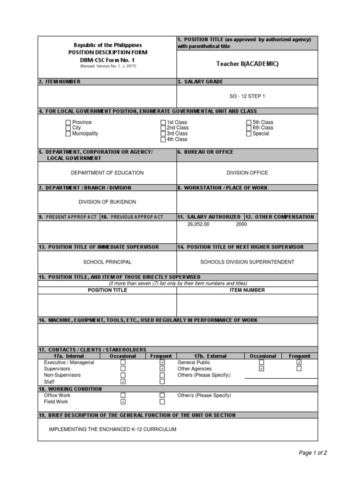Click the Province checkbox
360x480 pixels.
[x=68, y=122]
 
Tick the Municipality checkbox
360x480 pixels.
[x=68, y=134]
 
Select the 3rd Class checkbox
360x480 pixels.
[x=163, y=134]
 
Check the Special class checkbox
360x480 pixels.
[x=248, y=134]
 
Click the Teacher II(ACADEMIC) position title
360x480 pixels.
[x=247, y=64]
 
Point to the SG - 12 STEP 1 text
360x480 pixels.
[x=247, y=96]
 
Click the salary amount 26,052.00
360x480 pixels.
[x=198, y=224]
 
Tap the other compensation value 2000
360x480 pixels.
[x=241, y=224]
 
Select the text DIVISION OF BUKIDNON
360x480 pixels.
[x=107, y=202]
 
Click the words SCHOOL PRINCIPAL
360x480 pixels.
[x=107, y=262]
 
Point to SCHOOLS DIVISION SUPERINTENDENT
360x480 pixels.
[x=247, y=262]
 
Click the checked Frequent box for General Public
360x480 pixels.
[x=299, y=362]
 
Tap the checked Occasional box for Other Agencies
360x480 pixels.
[x=262, y=369]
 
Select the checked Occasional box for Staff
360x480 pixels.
[x=123, y=382]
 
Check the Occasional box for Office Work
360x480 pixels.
[x=123, y=396]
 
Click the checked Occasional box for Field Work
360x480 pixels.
[x=123, y=402]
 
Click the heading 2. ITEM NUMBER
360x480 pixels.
[x=60, y=82]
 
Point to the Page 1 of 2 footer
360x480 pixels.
[x=313, y=453]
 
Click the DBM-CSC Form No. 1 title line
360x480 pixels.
[x=107, y=60]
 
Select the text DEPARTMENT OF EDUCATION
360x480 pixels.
[x=107, y=173]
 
